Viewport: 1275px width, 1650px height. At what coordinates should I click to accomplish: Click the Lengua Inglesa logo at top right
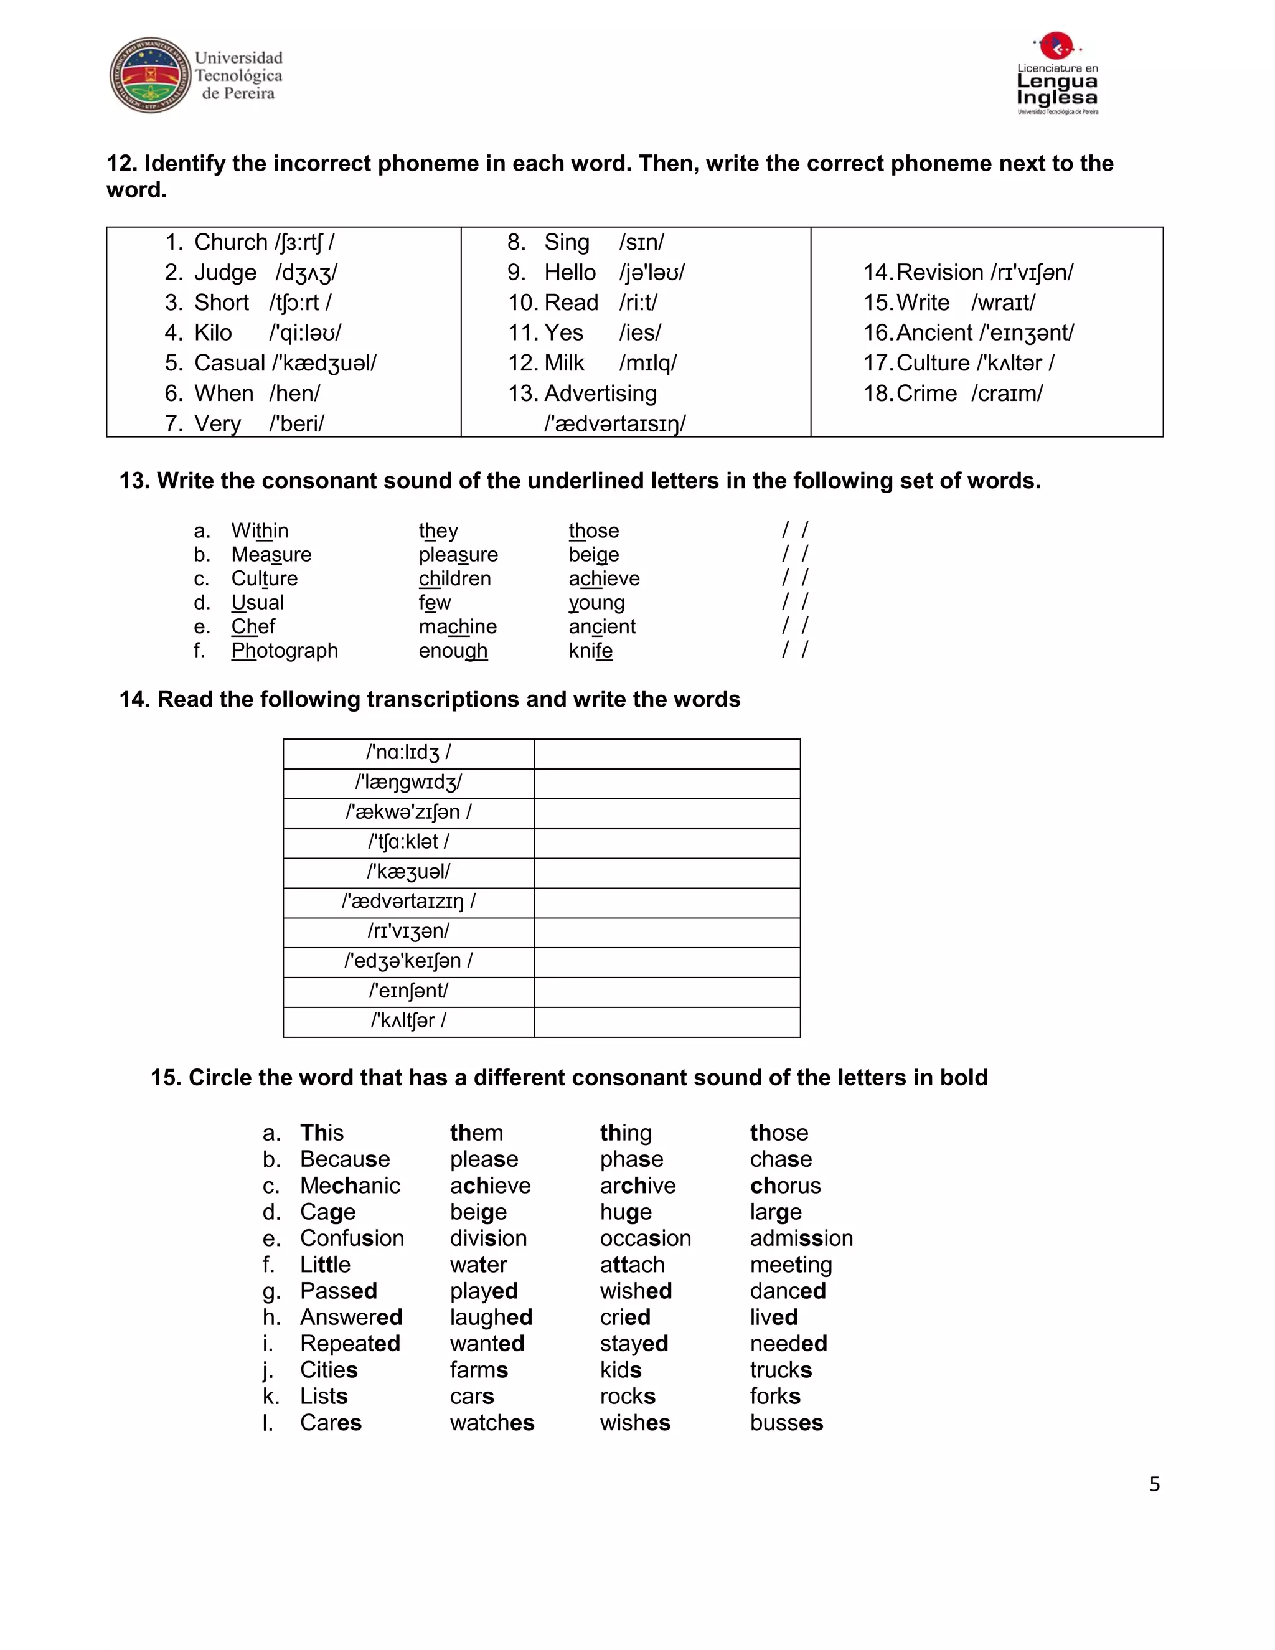pos(1056,74)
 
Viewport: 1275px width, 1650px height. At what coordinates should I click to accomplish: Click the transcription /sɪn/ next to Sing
pos(641,242)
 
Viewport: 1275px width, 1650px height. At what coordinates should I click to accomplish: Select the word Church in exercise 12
pos(231,242)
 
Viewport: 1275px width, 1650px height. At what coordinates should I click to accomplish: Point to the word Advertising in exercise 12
pos(601,394)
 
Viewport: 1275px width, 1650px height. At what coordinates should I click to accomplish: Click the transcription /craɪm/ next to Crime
pos(1007,394)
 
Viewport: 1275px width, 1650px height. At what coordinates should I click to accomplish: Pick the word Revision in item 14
pos(939,273)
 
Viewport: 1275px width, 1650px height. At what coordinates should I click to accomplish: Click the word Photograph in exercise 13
pos(285,651)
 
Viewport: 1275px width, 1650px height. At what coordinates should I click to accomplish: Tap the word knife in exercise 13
pos(591,651)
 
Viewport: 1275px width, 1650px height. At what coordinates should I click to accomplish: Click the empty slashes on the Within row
pos(794,530)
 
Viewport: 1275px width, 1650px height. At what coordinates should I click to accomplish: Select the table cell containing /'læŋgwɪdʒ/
pos(408,783)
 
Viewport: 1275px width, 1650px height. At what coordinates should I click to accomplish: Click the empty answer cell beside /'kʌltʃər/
pos(667,1021)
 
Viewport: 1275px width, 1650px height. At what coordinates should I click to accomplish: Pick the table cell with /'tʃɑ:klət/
pos(408,842)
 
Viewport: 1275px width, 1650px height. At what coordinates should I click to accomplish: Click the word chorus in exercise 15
pos(785,1186)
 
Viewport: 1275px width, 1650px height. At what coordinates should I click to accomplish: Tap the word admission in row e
pos(801,1238)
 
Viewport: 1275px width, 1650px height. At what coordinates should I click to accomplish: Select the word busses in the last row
pos(786,1423)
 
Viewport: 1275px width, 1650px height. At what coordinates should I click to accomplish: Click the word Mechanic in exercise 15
pos(350,1186)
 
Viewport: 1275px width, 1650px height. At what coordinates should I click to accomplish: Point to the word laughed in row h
pos(491,1317)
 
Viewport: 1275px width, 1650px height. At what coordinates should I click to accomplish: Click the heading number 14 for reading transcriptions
pos(134,700)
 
